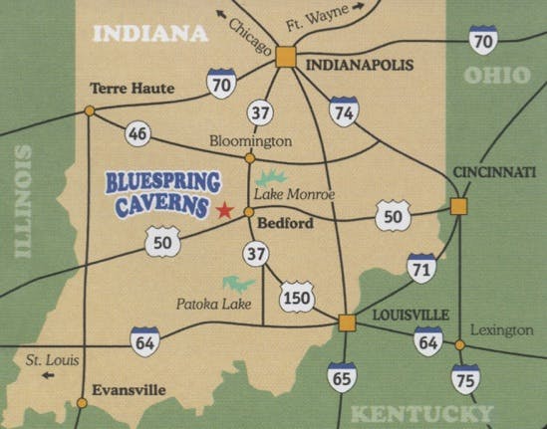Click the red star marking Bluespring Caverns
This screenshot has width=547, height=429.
[225, 210]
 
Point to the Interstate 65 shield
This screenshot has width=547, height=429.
[342, 377]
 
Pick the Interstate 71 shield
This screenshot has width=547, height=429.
[421, 268]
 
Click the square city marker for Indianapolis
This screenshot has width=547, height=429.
[287, 58]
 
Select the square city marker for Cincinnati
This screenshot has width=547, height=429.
[458, 206]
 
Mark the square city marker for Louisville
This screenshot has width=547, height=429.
[346, 322]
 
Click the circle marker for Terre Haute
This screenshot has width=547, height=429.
[90, 110]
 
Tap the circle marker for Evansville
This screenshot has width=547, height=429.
[82, 402]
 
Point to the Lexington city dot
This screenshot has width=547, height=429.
[459, 345]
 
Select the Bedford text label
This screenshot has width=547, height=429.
[284, 224]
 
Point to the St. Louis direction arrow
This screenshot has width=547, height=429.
[47, 376]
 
